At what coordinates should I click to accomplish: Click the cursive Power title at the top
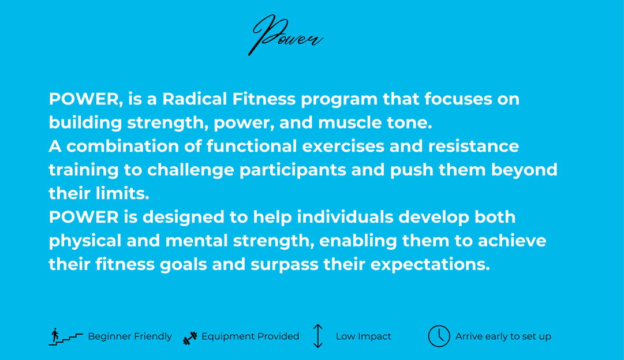285,36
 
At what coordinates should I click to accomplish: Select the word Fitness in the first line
264,99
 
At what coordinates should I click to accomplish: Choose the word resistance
473,146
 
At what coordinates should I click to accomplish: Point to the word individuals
345,217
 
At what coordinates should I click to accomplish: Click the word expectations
430,265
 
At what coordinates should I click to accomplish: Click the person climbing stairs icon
66,336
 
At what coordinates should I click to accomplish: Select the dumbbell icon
190,337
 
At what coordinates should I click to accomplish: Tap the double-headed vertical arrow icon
317,336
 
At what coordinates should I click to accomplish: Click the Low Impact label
363,336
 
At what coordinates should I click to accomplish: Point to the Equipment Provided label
251,336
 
